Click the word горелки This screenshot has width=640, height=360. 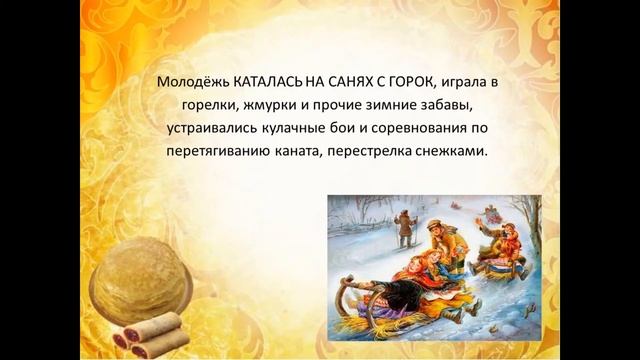click(x=213, y=106)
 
